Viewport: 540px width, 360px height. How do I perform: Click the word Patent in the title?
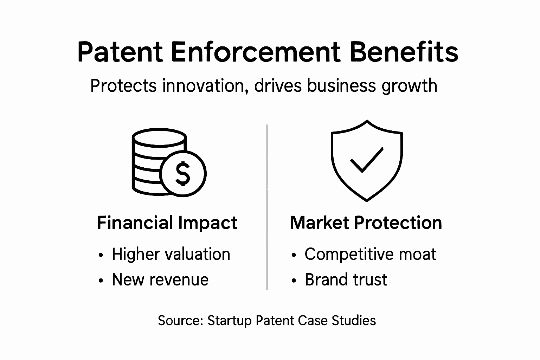120,52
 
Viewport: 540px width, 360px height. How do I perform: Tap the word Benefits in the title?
404,52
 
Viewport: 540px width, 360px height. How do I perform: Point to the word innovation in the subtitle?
203,86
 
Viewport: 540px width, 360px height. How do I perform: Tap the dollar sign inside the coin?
183,173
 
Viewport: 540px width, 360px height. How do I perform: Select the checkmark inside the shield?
367,160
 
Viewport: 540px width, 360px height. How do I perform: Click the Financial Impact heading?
167,223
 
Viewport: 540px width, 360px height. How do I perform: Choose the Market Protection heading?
366,223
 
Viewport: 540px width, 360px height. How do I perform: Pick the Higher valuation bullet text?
171,254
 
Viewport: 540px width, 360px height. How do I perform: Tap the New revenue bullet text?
160,280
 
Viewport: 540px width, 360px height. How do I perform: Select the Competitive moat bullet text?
370,254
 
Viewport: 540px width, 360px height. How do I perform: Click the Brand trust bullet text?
346,280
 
